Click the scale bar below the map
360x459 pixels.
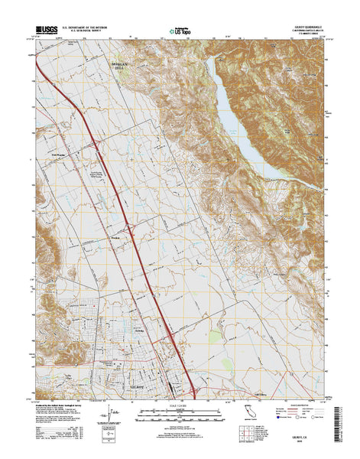(x=180, y=418)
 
